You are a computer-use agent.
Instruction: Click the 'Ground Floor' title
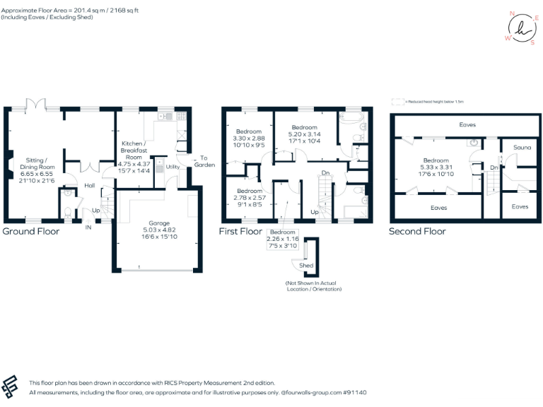(31, 231)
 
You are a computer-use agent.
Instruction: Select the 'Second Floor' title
(417, 231)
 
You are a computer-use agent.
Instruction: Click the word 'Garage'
(148, 219)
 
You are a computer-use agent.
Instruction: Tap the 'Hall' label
(90, 185)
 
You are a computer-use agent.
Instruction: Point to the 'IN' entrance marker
(89, 228)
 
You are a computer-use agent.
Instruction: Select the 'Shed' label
(306, 266)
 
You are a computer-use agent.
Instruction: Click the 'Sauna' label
(522, 147)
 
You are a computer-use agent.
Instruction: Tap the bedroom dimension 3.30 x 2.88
(250, 138)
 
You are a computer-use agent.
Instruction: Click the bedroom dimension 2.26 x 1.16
(283, 239)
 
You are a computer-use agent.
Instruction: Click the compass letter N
(511, 13)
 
